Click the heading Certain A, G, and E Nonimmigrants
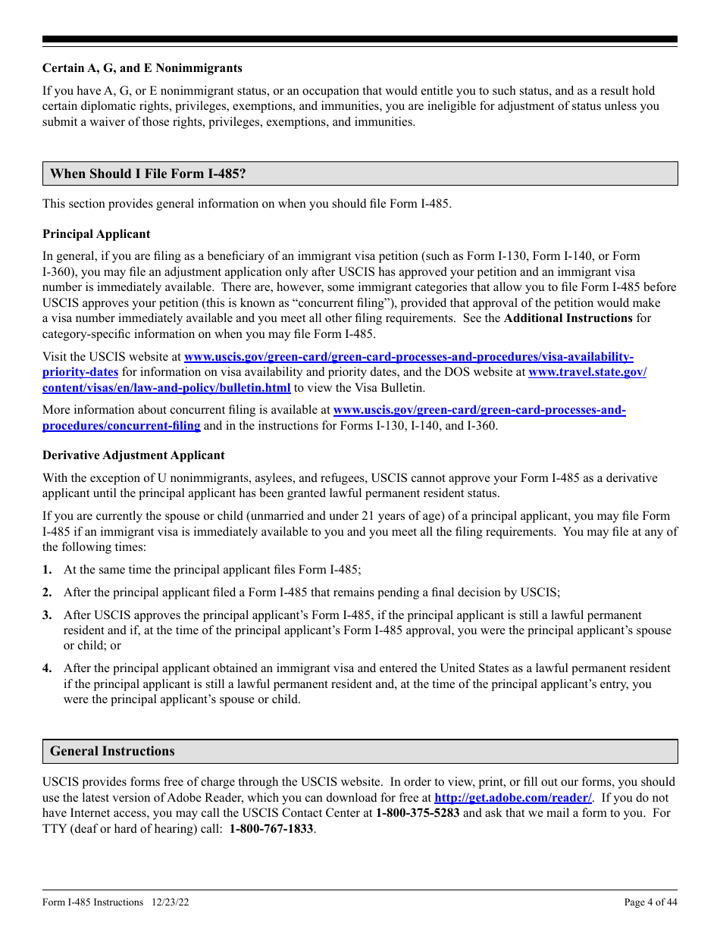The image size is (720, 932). (142, 68)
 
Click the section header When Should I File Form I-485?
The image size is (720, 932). (148, 174)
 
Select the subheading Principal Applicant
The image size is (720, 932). (96, 234)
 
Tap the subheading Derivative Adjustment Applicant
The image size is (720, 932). (133, 455)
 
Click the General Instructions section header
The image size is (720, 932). (112, 751)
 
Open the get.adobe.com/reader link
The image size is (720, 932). (513, 798)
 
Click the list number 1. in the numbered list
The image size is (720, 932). (47, 570)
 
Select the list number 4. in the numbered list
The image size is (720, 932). (47, 668)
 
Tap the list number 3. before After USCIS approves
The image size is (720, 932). (47, 615)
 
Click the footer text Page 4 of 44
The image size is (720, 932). (650, 902)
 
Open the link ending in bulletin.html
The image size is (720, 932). (167, 388)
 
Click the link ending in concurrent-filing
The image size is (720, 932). (121, 426)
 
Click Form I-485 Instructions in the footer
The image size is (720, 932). (92, 902)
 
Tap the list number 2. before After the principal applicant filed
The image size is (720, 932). (47, 593)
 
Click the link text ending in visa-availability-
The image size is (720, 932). (409, 357)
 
